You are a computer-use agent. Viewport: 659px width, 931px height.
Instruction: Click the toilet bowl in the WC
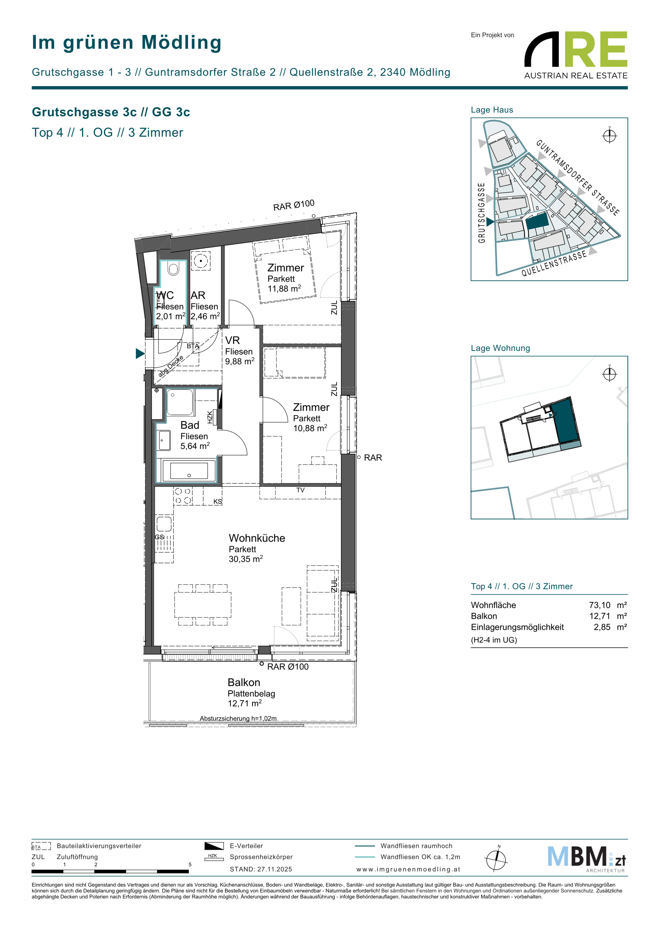pos(173,268)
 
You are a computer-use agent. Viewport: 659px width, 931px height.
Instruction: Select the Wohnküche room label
pos(257,538)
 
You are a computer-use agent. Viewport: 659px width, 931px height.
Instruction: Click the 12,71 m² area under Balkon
pos(245,704)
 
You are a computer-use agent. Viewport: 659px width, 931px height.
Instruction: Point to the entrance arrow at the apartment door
pos(140,354)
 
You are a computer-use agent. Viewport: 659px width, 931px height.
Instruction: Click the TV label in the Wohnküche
pos(300,490)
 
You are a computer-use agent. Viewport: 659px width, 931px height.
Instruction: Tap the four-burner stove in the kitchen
pos(183,496)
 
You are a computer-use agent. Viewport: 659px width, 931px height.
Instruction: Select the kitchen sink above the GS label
pos(164,523)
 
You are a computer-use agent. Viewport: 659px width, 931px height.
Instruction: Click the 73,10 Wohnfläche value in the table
pos(600,605)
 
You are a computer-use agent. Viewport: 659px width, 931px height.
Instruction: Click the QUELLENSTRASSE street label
pos(554,264)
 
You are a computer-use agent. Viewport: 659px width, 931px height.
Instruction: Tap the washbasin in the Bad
pos(164,440)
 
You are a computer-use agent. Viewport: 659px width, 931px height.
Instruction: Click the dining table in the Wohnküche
pos(203,605)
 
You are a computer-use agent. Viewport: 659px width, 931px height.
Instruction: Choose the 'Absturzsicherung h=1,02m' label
pos(238,718)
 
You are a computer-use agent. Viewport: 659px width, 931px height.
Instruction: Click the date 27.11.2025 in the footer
pos(275,869)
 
